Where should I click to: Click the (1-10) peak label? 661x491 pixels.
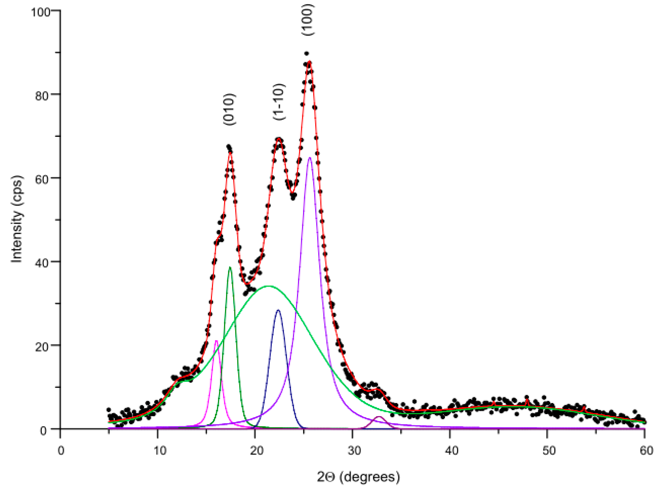point(279,102)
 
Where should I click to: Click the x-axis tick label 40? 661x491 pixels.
point(451,451)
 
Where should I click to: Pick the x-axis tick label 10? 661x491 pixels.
point(159,451)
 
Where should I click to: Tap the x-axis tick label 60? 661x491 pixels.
point(646,451)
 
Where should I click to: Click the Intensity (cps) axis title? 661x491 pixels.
point(17,220)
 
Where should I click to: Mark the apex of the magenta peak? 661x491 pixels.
point(216,341)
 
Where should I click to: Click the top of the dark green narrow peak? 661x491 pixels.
point(230,267)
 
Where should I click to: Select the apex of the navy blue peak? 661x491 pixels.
point(278,310)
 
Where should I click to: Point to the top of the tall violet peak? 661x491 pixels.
point(310,158)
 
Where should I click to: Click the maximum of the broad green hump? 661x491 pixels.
point(268,286)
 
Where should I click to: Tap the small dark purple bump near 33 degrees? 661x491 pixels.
point(379,417)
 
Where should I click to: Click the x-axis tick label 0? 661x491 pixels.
point(61,451)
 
